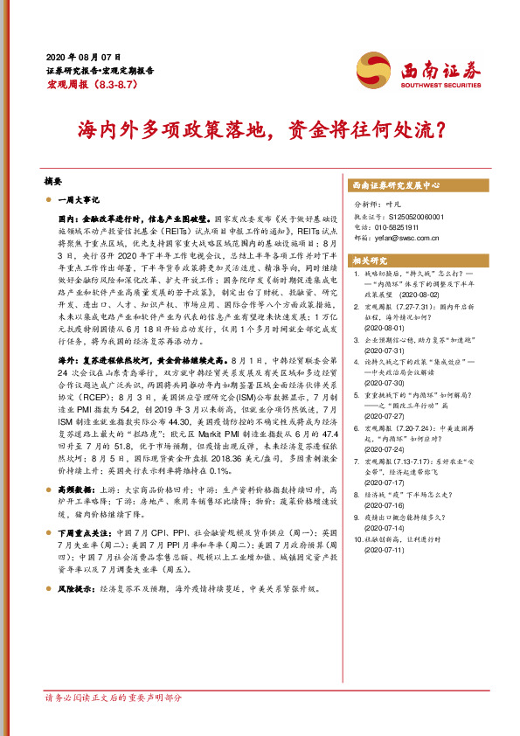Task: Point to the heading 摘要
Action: (x=52, y=181)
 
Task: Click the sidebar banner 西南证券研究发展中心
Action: (x=397, y=186)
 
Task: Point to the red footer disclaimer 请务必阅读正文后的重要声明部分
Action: (x=114, y=722)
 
